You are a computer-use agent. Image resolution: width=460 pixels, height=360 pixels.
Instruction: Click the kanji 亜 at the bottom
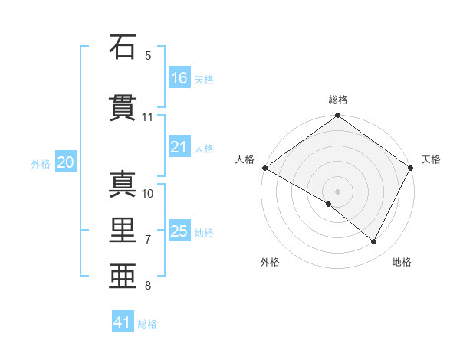tap(123, 277)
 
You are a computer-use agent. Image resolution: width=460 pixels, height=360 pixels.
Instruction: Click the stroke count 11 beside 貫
tap(148, 117)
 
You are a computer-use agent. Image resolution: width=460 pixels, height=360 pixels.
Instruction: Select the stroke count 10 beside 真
tap(148, 193)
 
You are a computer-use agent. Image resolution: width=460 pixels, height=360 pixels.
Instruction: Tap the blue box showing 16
tap(179, 77)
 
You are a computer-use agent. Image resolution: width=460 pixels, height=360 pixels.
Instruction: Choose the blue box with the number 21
tap(179, 147)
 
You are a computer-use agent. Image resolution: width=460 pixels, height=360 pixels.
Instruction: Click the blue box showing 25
tap(179, 231)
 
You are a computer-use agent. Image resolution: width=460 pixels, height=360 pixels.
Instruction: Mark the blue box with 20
tap(66, 162)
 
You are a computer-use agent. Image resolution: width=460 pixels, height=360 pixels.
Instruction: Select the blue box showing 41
tap(123, 322)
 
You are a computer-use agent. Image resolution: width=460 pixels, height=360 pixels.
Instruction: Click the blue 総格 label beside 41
tap(147, 324)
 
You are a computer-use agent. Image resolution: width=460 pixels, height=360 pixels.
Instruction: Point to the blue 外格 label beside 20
tap(41, 163)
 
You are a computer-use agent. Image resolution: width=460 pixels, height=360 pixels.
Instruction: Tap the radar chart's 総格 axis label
tap(338, 100)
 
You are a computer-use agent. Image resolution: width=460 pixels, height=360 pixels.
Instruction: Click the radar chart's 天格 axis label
tap(431, 159)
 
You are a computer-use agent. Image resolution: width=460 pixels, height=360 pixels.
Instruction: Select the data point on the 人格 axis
tap(264, 168)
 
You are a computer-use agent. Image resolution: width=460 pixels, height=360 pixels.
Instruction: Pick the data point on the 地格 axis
tap(374, 242)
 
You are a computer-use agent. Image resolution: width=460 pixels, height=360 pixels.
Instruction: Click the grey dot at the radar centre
tap(337, 191)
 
